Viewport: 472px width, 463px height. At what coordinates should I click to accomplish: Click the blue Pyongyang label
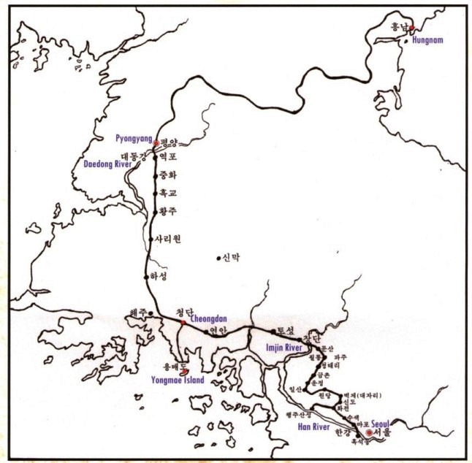134,137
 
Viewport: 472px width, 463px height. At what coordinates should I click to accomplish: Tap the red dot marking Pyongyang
156,143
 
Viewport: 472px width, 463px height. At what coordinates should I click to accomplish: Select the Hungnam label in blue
428,42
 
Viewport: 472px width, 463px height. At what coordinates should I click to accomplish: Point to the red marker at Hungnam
411,28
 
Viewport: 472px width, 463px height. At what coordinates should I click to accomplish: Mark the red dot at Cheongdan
183,321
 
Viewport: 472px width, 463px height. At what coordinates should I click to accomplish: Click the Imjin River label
282,348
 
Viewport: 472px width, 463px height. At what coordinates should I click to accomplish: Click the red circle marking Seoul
369,433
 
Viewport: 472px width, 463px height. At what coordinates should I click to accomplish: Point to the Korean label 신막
232,257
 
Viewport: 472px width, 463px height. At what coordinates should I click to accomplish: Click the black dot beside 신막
218,257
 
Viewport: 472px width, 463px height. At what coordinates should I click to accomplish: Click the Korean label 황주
169,211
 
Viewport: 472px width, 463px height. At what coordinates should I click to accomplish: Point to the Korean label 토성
285,331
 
